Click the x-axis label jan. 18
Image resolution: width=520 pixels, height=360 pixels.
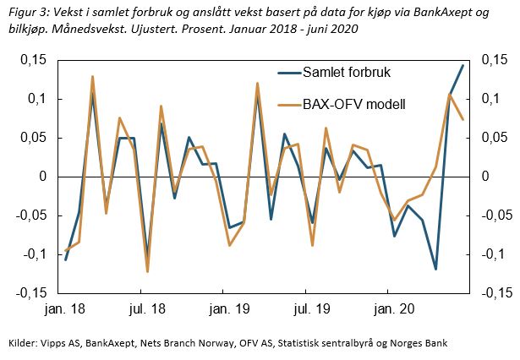coord(66,311)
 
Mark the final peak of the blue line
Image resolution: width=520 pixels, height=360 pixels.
coord(463,65)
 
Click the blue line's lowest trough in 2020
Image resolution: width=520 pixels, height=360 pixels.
coord(435,269)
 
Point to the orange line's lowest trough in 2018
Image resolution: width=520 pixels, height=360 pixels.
coord(147,271)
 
